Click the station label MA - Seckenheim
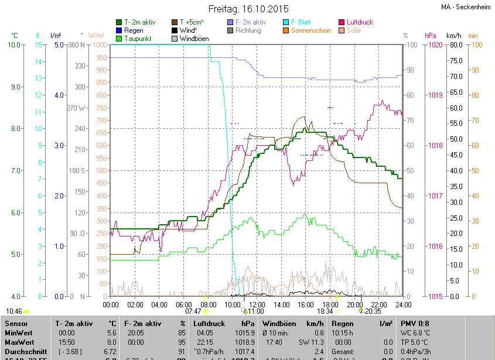[x=465, y=7]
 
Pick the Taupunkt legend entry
[x=138, y=39]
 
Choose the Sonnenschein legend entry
[x=310, y=30]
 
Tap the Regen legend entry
[x=134, y=30]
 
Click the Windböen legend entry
[x=194, y=39]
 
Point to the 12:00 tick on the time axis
[x=257, y=304]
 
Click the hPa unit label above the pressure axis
[x=431, y=35]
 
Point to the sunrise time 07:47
[x=193, y=311]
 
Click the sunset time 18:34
[x=325, y=311]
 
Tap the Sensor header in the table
[x=17, y=323]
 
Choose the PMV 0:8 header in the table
[x=415, y=323]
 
